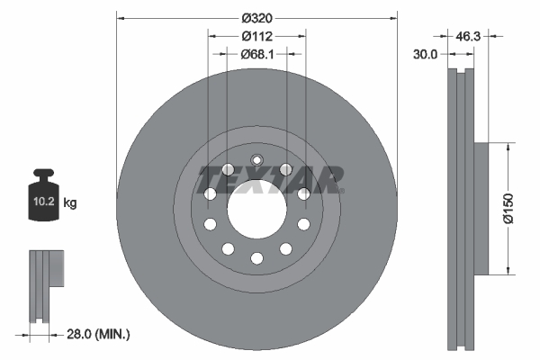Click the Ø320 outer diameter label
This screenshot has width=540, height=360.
(x=256, y=16)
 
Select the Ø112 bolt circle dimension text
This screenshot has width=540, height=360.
(x=256, y=36)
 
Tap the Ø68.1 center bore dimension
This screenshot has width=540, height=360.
(x=256, y=54)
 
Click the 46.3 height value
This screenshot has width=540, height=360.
(x=467, y=37)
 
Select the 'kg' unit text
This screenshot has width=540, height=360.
(x=70, y=204)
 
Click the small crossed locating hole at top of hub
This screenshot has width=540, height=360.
(x=256, y=162)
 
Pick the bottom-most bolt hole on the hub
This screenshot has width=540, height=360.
(x=256, y=258)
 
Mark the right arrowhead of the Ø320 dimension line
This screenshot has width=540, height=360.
(x=392, y=16)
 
